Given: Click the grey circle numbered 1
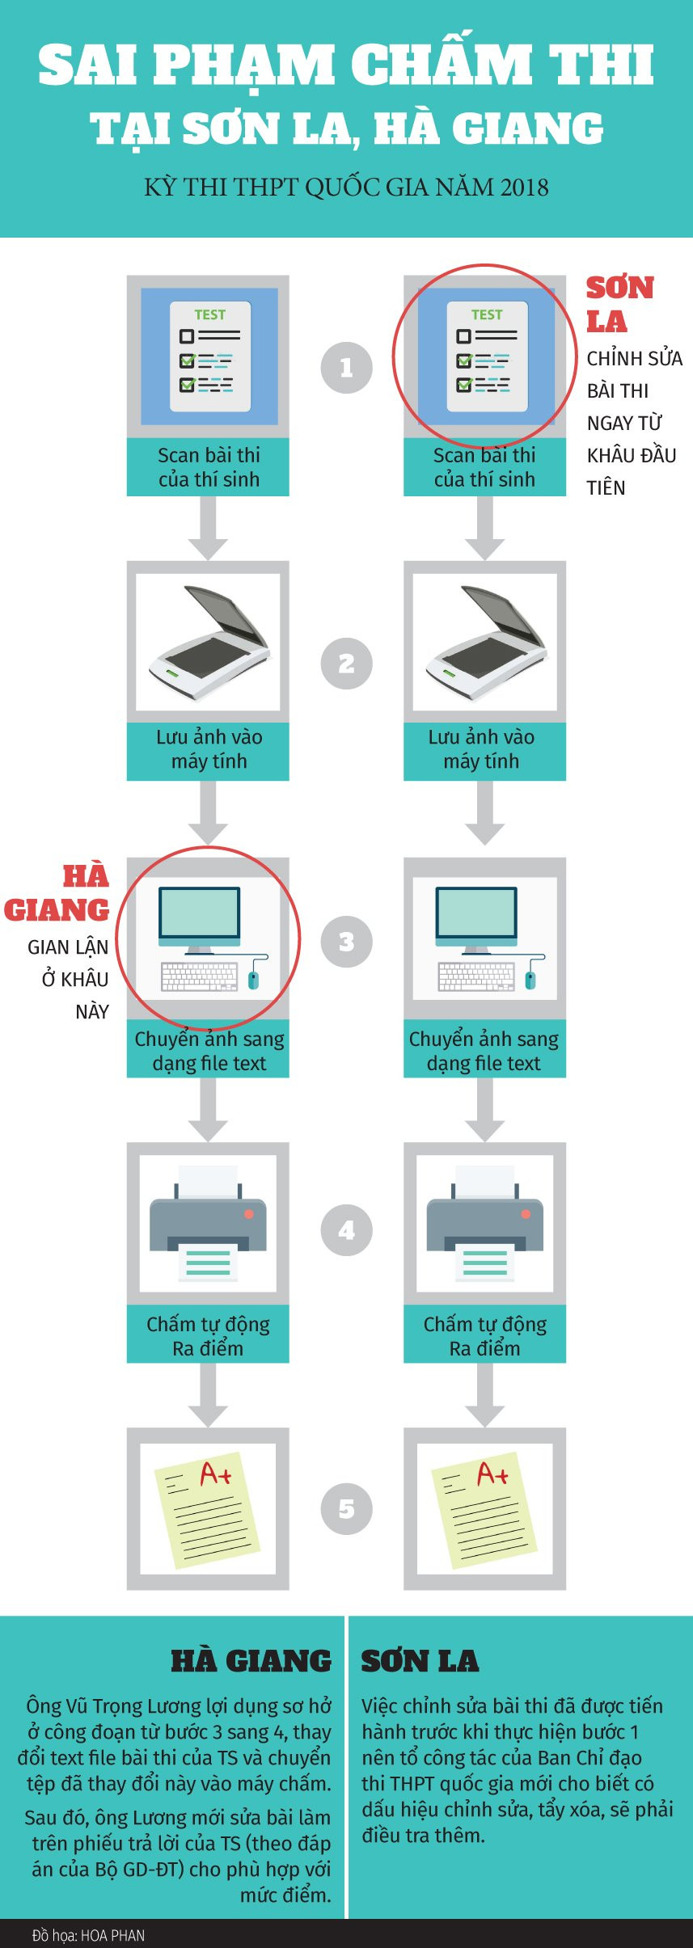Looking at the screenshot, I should coord(346,368).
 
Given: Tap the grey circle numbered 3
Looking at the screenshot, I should coord(346,942).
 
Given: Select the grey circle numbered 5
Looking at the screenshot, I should coord(346,1509).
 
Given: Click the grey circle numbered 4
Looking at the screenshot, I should coord(346,1230).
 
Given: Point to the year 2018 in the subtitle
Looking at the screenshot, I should coord(524,188).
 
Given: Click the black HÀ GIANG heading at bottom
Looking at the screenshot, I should coord(251,1661).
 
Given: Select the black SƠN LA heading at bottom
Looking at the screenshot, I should coord(420,1661).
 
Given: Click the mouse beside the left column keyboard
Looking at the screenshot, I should coord(254,978).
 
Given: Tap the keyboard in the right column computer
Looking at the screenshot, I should coord(476,976).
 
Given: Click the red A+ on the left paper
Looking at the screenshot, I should coord(215,1474).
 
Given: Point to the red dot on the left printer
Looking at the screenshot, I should coord(249,1214).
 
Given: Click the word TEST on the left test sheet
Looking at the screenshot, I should coord(209,314).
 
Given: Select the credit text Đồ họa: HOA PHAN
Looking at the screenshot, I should coord(88,1935).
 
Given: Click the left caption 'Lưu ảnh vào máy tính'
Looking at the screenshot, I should coord(209,749).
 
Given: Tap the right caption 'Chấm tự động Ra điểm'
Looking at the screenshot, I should coord(484,1335).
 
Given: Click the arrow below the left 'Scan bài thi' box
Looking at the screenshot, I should coord(208,529).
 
